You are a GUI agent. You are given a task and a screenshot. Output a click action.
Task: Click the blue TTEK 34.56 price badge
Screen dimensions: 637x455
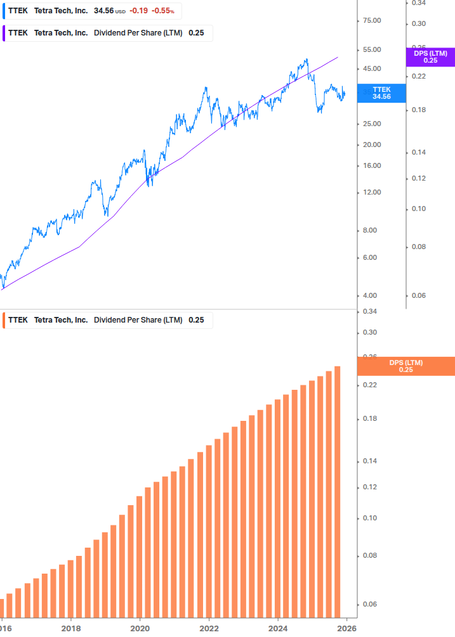(381, 93)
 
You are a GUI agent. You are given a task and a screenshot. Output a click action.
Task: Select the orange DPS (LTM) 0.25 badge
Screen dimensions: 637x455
(406, 366)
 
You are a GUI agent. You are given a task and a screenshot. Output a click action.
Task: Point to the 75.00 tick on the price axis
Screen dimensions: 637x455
(371, 21)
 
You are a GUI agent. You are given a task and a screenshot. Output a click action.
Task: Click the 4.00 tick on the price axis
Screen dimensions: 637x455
(371, 296)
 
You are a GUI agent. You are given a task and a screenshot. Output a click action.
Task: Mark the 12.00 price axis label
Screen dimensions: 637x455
(371, 193)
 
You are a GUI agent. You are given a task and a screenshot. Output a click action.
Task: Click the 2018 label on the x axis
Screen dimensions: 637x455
(71, 629)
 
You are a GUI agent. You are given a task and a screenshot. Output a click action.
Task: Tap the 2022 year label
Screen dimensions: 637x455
(209, 629)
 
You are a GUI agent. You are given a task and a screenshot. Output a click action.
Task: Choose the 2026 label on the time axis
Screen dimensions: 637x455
(346, 629)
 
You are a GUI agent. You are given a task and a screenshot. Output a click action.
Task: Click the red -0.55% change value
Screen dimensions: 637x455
(162, 11)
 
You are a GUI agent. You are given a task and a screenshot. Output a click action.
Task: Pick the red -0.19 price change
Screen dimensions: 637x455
(138, 11)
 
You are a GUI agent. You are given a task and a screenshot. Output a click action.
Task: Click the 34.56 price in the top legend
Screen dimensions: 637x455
(104, 11)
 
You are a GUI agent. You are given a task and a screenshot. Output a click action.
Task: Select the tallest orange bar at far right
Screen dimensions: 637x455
(338, 491)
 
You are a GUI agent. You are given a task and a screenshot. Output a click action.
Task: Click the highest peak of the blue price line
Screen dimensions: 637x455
(307, 60)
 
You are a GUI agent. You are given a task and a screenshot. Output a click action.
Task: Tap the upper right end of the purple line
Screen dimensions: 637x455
(338, 57)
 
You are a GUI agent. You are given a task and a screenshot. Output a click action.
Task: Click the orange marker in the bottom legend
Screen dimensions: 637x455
(3, 320)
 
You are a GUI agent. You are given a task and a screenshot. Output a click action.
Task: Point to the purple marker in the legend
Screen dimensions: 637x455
(3, 33)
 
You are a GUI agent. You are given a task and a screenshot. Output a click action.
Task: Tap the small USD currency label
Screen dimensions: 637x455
(120, 12)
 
